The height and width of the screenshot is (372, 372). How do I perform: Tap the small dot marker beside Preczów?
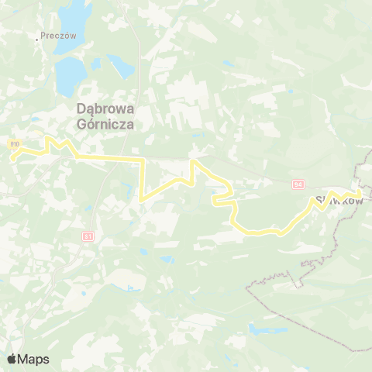pos(37,37)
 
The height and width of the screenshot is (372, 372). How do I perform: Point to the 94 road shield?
pos(298,184)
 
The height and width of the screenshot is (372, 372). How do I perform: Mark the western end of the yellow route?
pos(12,157)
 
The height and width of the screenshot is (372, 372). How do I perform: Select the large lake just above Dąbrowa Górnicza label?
pos(70,73)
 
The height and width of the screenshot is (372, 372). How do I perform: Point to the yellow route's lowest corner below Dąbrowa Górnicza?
pos(142,200)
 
